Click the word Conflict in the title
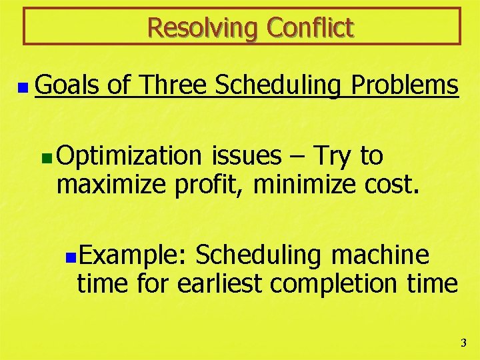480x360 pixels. point(310,28)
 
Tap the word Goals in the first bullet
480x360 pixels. point(66,86)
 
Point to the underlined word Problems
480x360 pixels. point(405,86)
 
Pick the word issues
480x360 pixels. point(247,156)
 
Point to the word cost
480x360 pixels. point(393,185)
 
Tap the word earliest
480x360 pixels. point(221,283)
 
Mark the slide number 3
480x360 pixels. point(464,343)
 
